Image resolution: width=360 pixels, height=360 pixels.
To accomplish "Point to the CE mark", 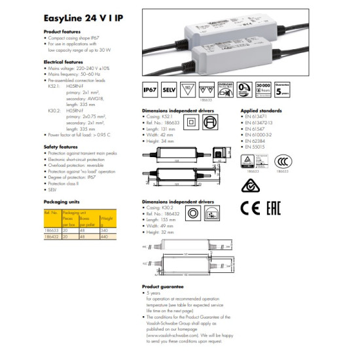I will point(249,209).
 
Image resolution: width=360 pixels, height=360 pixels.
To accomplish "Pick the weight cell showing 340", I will point(105,229).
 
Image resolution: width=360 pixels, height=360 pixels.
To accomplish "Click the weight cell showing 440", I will point(105,234).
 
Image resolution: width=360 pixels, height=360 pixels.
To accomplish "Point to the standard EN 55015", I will point(255,147).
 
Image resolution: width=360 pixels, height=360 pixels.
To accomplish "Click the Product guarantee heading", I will point(164,287).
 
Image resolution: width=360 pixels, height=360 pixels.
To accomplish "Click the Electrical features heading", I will point(62,60).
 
